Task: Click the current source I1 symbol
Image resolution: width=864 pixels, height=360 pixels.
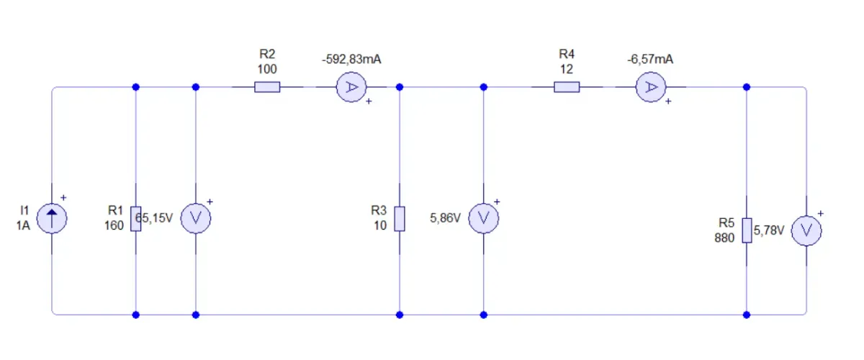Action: coord(52,218)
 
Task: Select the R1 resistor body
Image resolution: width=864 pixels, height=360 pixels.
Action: coord(136,219)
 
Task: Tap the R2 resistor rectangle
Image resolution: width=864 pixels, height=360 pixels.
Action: coord(267,87)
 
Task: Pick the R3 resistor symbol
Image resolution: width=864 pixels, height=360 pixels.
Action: coord(400,219)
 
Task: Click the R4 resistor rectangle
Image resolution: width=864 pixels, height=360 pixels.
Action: coord(567,87)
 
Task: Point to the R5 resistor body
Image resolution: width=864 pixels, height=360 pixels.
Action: coord(747,230)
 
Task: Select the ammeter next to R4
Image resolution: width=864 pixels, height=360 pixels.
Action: coord(651,87)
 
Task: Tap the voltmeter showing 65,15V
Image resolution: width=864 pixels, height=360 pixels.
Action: coord(196,218)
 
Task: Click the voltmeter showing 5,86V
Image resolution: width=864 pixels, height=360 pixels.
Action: coord(484,218)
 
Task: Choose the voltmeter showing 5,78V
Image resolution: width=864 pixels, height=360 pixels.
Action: coord(806,230)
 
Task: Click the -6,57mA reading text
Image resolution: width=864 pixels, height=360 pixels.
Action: coord(650,60)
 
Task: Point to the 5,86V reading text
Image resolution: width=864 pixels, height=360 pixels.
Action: coord(445,218)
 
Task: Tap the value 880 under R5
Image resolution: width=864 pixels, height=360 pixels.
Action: coord(724,238)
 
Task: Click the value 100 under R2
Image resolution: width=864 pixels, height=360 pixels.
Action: coord(267,69)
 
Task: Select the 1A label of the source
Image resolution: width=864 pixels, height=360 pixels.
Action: coord(23,225)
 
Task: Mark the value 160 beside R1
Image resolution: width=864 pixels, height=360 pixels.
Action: coord(114,225)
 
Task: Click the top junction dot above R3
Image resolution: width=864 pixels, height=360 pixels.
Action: coord(400,87)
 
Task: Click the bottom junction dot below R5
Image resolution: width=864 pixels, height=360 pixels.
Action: coord(747,315)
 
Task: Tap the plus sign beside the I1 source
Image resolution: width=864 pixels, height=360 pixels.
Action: coord(63,197)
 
